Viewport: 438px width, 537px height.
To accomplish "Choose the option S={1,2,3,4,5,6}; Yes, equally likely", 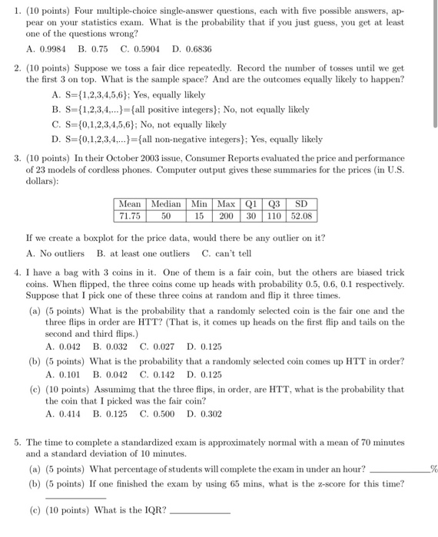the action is coord(128,96).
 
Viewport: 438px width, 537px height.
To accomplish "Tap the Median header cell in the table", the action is coord(166,205).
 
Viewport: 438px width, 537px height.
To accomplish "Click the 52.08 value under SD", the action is coord(300,216).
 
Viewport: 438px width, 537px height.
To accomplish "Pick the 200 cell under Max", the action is coord(226,216).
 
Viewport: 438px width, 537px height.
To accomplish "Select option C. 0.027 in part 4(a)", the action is coord(158,347).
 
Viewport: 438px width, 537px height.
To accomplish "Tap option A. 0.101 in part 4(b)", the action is coord(64,375).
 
